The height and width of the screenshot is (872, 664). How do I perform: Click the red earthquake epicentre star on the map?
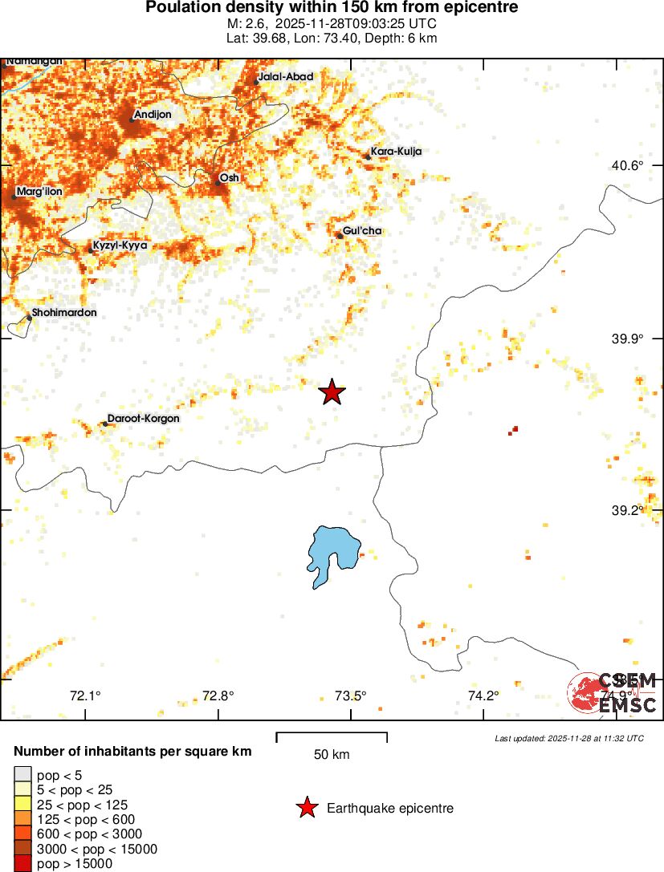pos(332,392)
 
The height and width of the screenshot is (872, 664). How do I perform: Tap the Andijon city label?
pos(153,115)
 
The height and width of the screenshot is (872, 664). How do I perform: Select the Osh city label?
pos(229,177)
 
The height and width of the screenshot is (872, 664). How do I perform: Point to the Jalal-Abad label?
pos(286,77)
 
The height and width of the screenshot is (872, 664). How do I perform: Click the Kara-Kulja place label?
pos(396,151)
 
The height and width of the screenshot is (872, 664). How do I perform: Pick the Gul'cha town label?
pos(362,231)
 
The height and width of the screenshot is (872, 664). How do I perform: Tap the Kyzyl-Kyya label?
pos(120,245)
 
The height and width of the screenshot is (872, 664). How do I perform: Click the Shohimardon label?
pos(64,312)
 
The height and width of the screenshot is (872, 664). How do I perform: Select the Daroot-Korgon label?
pos(144,418)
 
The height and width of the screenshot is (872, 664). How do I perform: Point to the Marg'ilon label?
pos(39,191)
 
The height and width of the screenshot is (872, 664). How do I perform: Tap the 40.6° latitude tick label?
pos(628,165)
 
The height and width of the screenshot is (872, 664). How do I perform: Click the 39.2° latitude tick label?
pos(628,510)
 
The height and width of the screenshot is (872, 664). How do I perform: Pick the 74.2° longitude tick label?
pos(483,696)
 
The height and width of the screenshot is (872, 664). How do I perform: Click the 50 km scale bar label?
pos(332,754)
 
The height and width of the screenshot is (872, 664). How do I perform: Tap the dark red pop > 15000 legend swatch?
pos(23,863)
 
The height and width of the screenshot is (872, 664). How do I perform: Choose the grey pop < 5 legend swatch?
pos(23,775)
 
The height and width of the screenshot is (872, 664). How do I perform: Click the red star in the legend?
pos(307,808)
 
